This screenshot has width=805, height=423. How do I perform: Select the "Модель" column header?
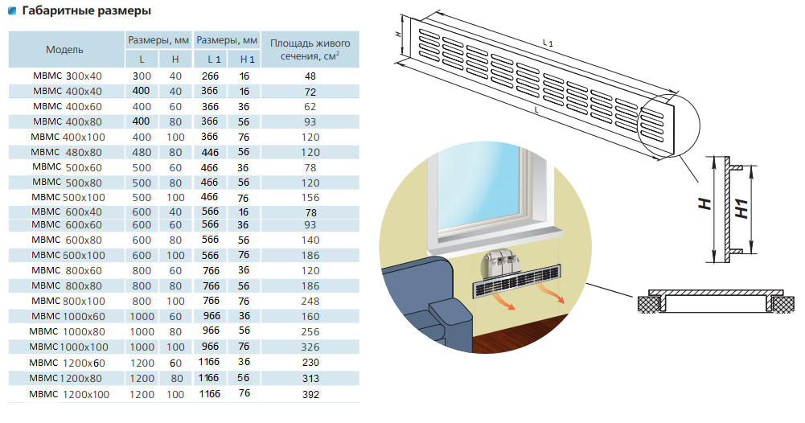click(x=64, y=49)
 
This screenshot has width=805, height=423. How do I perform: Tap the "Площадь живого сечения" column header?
click(x=310, y=49)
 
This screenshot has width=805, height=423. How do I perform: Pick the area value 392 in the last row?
click(x=310, y=394)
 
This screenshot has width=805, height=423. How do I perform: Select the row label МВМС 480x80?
click(x=67, y=152)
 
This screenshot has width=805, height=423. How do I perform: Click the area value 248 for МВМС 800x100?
click(x=310, y=301)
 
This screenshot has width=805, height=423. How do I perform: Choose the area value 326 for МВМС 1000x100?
click(x=310, y=347)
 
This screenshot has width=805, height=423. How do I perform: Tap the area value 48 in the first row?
click(x=310, y=76)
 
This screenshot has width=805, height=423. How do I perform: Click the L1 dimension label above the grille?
click(x=548, y=42)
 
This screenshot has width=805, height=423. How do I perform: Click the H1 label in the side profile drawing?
click(x=742, y=208)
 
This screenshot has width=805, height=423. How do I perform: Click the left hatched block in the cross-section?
click(x=648, y=303)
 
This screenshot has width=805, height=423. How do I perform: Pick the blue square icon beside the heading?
click(x=11, y=11)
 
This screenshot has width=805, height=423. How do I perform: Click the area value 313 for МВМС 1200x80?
click(x=310, y=379)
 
